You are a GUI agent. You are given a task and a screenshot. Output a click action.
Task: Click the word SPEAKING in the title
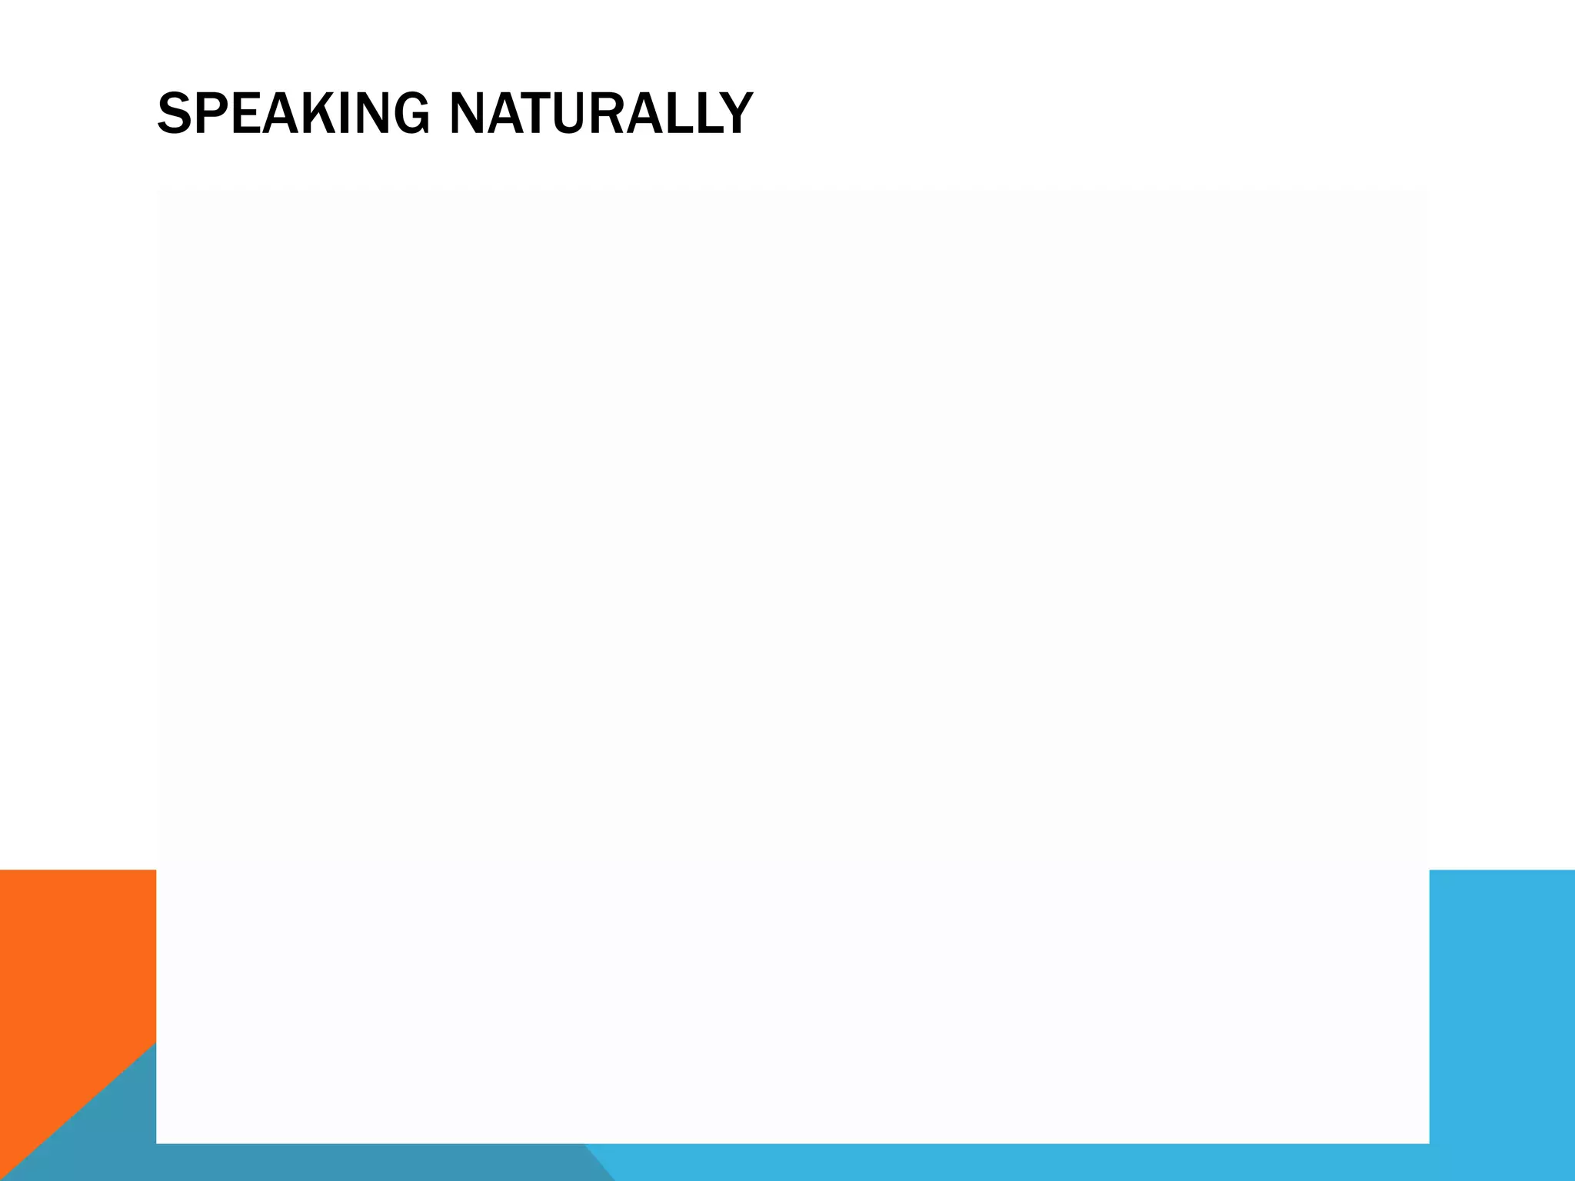293,114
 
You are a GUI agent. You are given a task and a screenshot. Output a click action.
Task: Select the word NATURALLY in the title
601,114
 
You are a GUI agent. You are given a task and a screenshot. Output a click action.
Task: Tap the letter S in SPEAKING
174,114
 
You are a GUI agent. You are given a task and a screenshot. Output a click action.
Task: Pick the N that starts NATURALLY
465,114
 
